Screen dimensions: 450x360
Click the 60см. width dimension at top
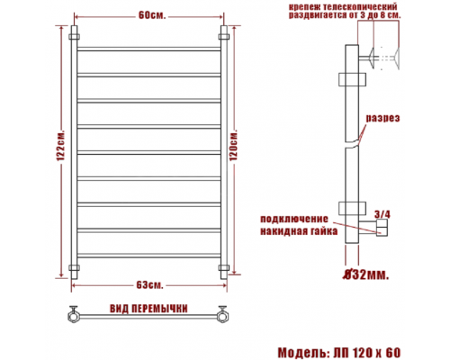point(152,15)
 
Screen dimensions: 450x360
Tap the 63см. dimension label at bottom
point(149,285)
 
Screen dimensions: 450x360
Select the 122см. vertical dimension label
point(61,146)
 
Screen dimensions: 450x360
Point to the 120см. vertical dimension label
point(234,146)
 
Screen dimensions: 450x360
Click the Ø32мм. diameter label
point(366,274)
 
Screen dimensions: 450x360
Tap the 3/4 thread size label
point(382,214)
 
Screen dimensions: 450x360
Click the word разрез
point(382,118)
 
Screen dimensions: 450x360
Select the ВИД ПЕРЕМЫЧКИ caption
point(148,309)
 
